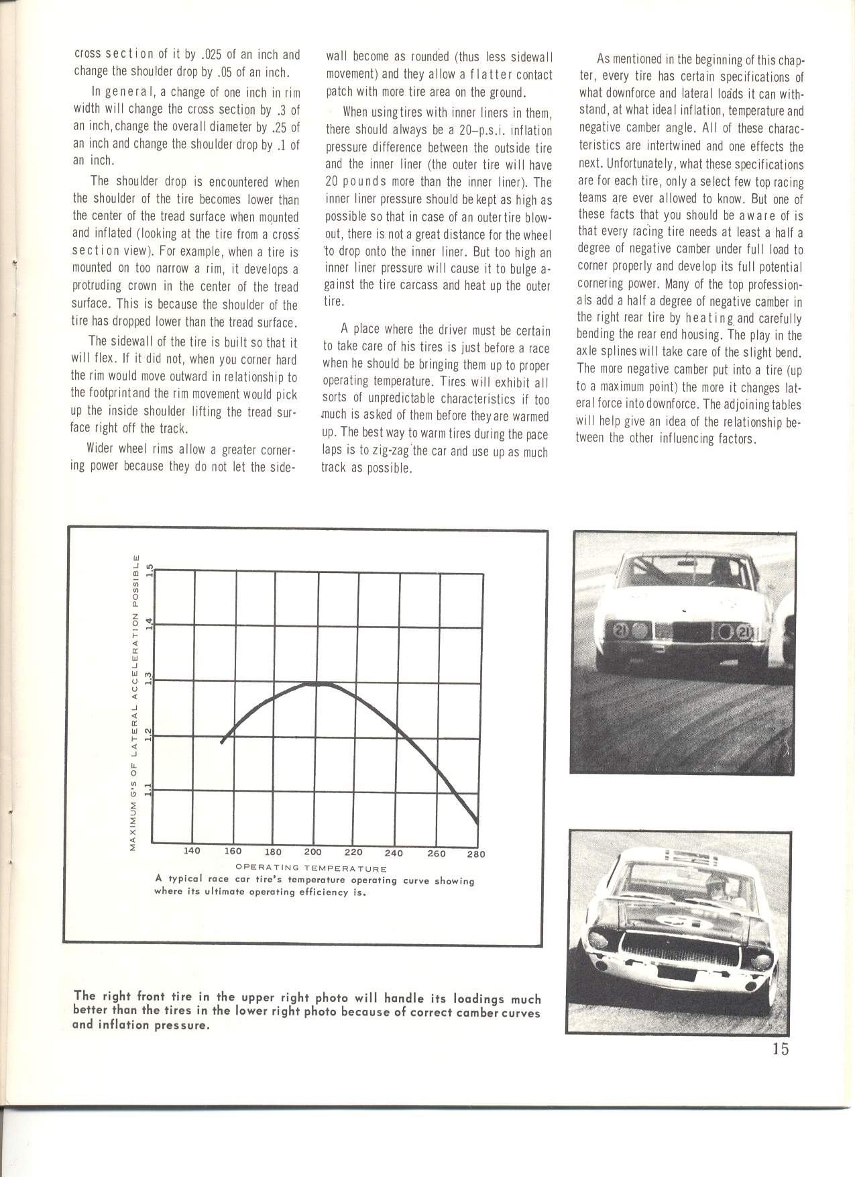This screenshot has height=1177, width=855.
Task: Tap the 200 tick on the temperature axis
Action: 312,853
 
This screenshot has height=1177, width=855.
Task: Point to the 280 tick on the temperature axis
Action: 477,854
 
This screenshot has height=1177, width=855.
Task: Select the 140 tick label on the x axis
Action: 192,851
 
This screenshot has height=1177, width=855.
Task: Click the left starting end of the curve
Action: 222,741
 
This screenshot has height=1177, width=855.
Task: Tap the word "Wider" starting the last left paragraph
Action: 103,449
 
